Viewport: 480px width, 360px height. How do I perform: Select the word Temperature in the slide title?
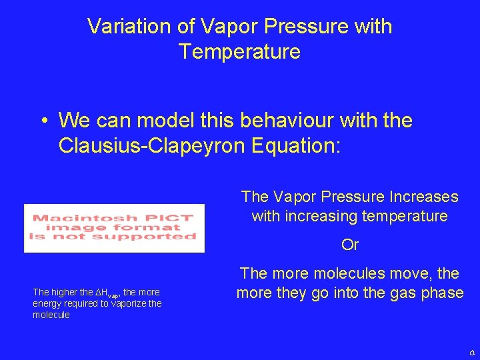[x=239, y=51]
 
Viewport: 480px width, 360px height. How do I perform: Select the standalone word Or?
[x=349, y=245]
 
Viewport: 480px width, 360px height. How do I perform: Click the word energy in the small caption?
[x=45, y=303]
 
